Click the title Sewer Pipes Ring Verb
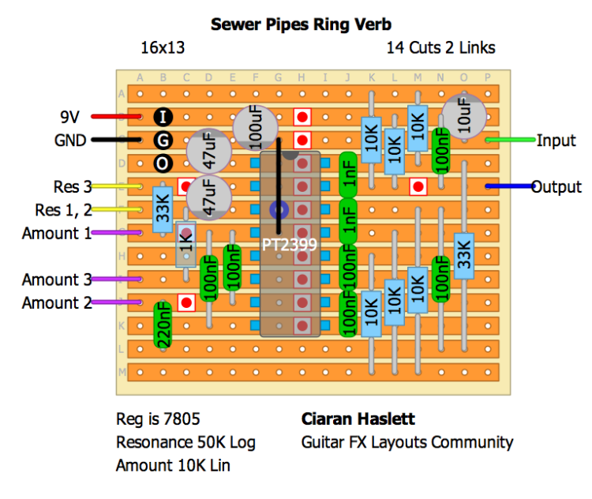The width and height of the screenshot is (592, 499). click(301, 24)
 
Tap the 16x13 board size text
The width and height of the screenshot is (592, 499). click(162, 47)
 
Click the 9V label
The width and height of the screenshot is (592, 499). click(69, 117)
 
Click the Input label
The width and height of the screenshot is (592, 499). click(556, 141)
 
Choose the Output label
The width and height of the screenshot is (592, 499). click(556, 187)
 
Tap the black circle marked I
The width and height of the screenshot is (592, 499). click(163, 118)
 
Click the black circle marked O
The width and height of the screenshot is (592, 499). click(163, 164)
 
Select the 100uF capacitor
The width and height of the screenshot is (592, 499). click(255, 129)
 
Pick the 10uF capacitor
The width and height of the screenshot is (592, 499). click(463, 117)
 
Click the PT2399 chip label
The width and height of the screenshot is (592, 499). click(290, 245)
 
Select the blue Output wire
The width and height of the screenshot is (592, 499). click(509, 187)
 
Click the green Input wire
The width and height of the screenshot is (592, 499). click(509, 141)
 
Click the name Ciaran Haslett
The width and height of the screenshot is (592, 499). click(358, 418)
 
